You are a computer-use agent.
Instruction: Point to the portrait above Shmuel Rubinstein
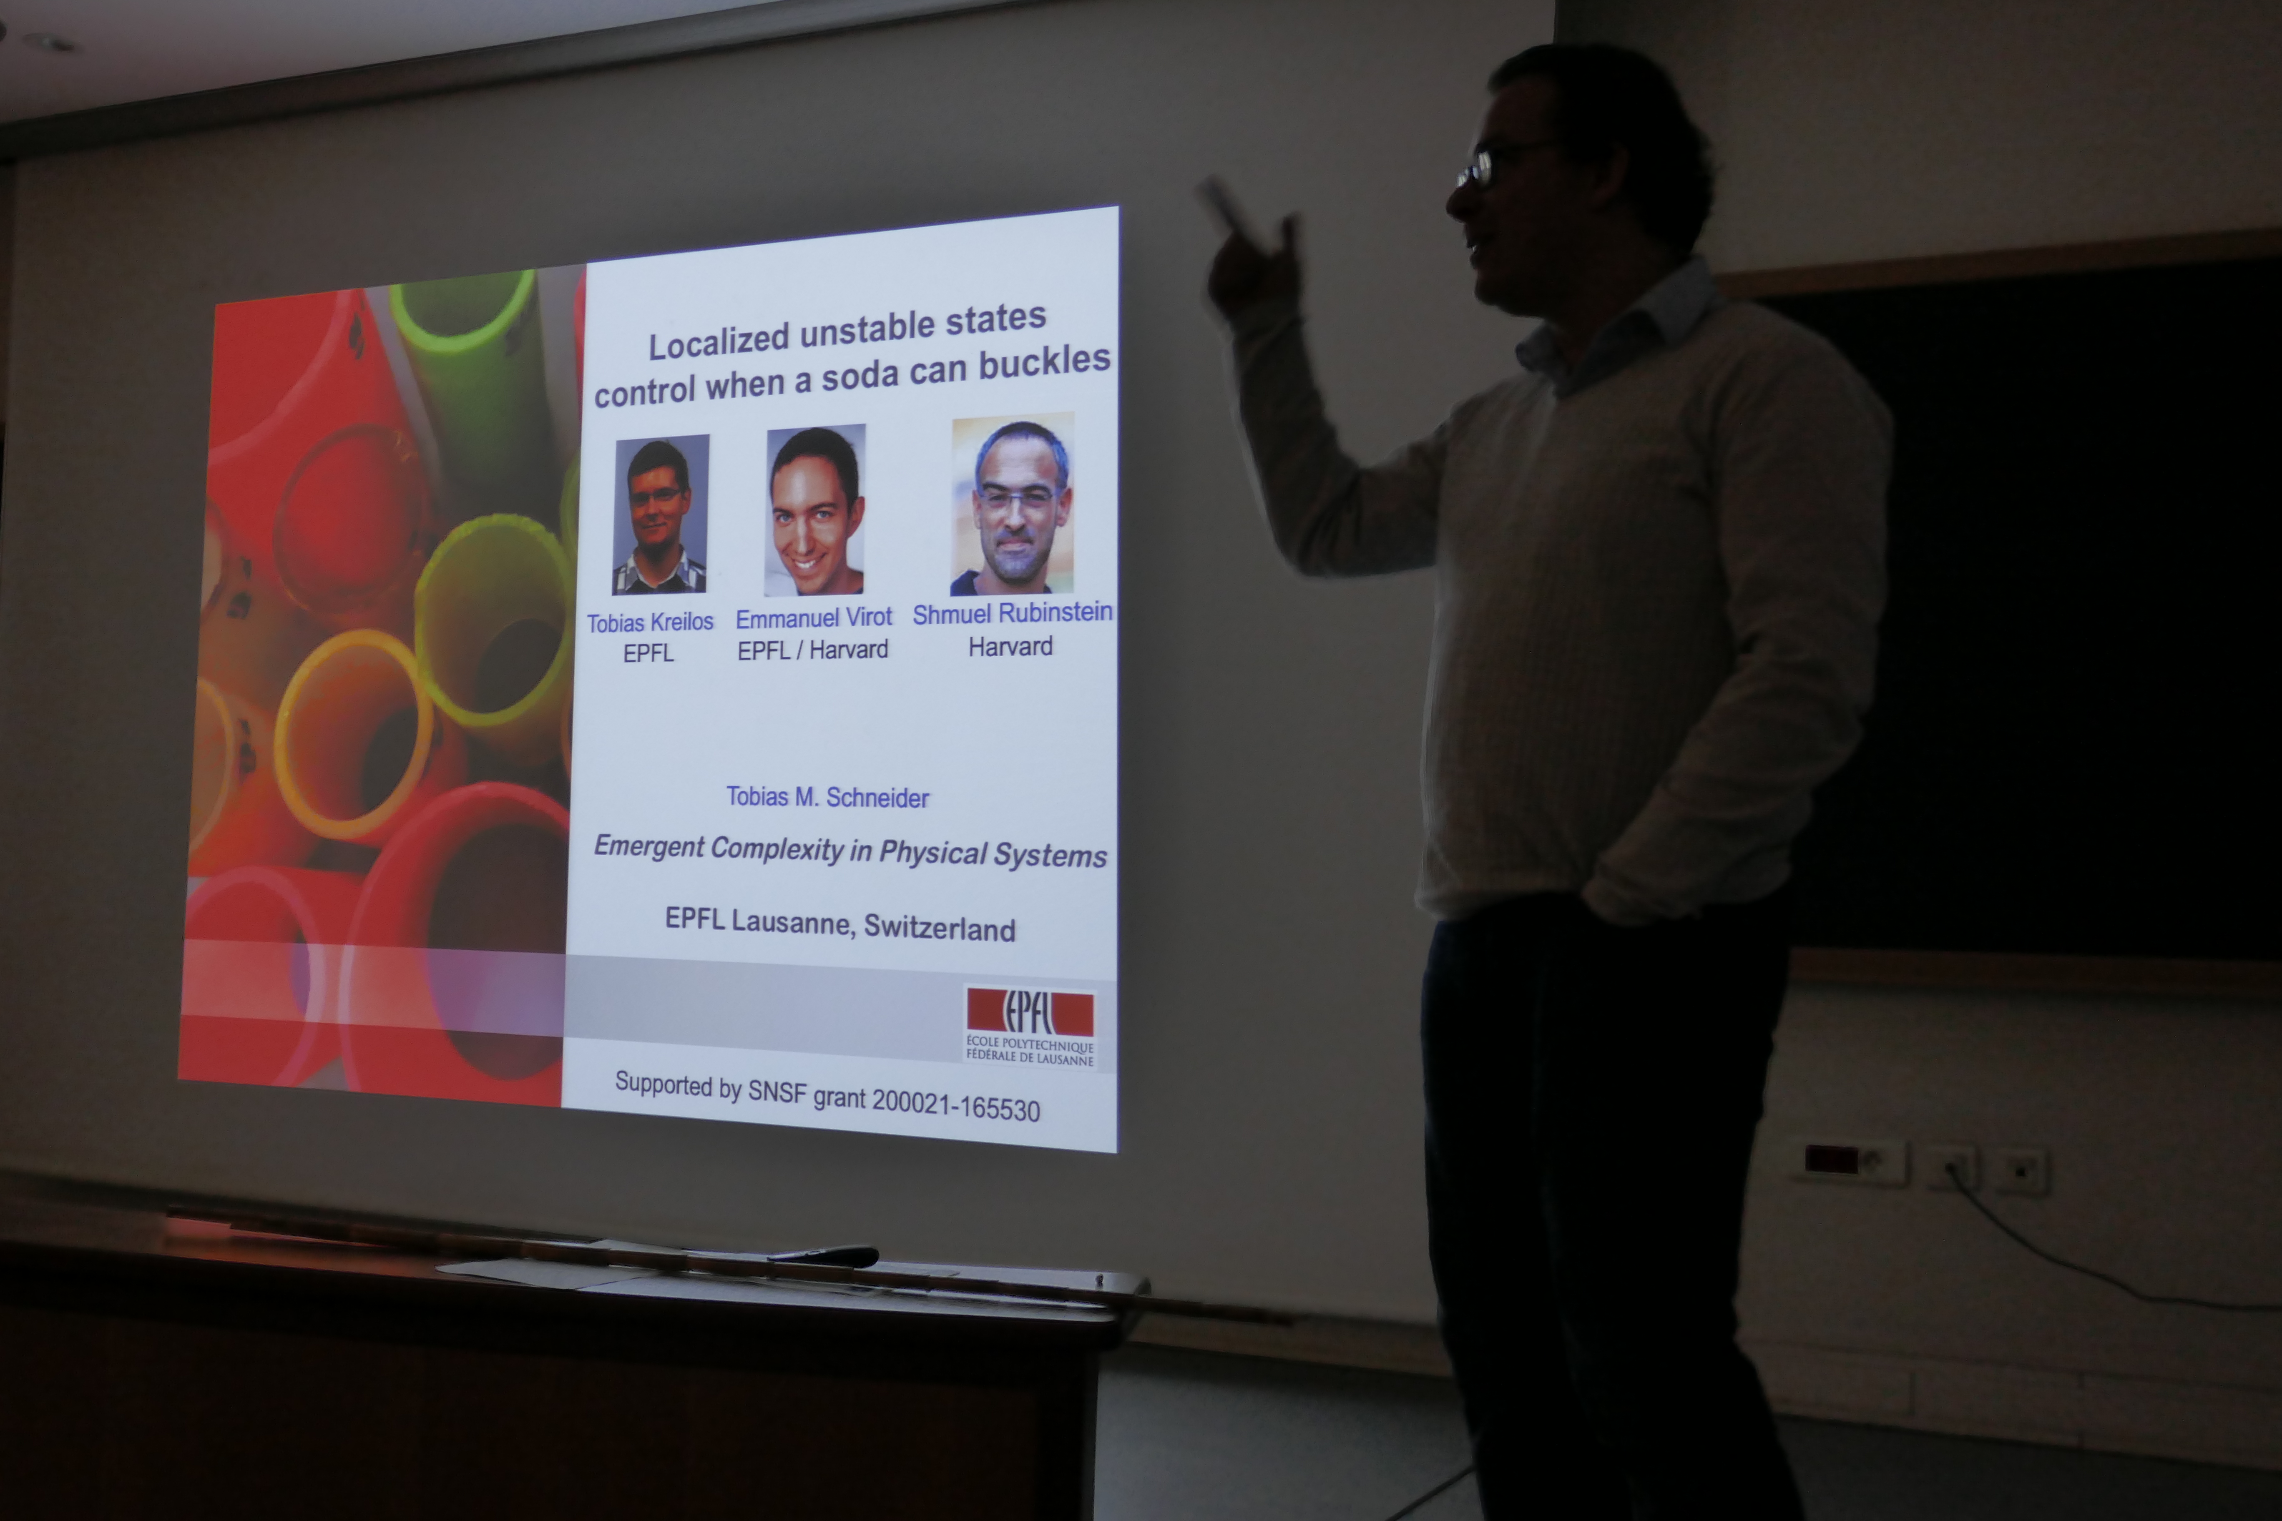[x=1012, y=503]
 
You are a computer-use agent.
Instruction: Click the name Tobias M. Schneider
[x=828, y=797]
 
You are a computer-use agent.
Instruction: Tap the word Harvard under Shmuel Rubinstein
[x=1010, y=646]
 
